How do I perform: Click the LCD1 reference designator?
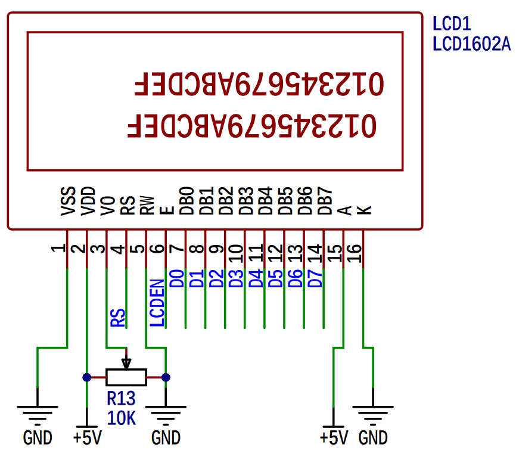[452, 24]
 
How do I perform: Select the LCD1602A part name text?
[471, 44]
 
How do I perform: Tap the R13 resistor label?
[121, 398]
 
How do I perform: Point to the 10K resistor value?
[121, 418]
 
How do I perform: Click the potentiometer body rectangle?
[126, 377]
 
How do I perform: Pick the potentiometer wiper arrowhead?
[126, 364]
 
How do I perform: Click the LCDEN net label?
[157, 303]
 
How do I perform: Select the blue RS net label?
[118, 318]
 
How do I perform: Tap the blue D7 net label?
[315, 278]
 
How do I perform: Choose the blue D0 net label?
[177, 278]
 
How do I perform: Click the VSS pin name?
[68, 201]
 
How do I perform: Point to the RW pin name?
[147, 206]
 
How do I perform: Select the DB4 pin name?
[265, 200]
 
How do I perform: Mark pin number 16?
[354, 253]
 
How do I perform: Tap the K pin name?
[364, 210]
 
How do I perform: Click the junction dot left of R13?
[87, 377]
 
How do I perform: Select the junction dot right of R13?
[166, 377]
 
